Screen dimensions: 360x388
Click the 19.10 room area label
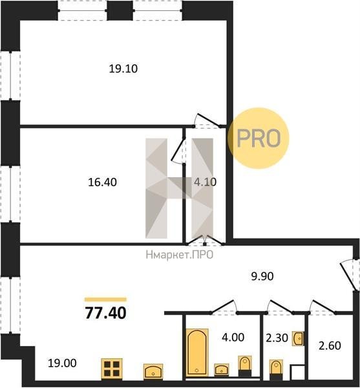tap(123, 69)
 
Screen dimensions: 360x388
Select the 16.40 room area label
tap(102, 182)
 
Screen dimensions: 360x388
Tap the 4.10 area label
tap(206, 182)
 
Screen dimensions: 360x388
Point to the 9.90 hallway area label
tap(262, 276)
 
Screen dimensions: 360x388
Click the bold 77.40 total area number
tap(105, 313)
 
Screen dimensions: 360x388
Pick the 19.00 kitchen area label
tap(62, 363)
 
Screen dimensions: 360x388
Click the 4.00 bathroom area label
tap(233, 337)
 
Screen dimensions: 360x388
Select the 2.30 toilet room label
tap(277, 338)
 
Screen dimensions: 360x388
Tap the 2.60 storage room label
tap(330, 346)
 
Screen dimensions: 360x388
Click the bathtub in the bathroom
tap(197, 352)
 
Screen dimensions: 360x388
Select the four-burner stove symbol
tap(112, 369)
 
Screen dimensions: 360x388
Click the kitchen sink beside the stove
tap(153, 371)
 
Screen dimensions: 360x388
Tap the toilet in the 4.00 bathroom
tap(245, 366)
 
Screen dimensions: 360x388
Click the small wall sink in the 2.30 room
tap(298, 338)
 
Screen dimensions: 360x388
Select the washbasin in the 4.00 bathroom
tap(222, 370)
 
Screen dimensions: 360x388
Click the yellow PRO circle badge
tap(259, 138)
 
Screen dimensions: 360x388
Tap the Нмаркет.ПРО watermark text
tap(180, 255)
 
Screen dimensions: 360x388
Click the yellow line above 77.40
tap(105, 299)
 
